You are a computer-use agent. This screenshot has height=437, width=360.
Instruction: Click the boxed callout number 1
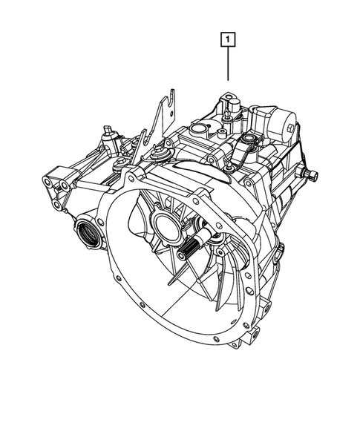(x=229, y=37)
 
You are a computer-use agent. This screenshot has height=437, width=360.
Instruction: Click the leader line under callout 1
(x=229, y=64)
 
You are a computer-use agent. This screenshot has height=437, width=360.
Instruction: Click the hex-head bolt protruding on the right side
(x=312, y=175)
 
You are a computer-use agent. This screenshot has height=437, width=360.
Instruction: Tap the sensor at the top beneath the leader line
(x=229, y=105)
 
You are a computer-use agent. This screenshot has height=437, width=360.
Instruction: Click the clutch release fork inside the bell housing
(x=223, y=252)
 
